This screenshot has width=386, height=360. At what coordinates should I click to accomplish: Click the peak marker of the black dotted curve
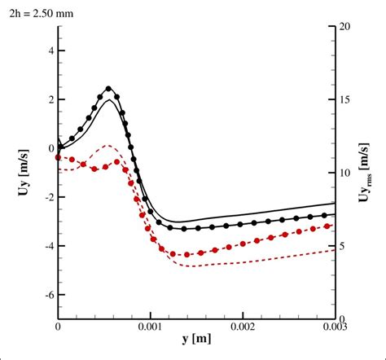tap(108, 89)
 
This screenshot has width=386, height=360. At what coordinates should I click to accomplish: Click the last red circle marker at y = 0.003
tap(327, 226)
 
